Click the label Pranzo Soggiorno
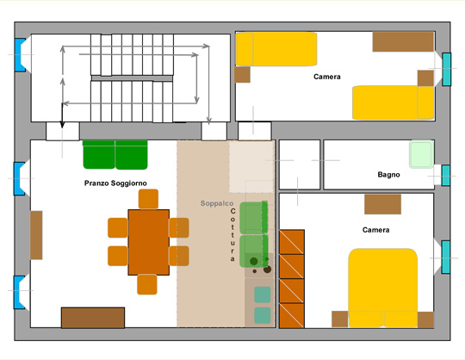pyautogui.click(x=115, y=183)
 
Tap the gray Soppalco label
pyautogui.click(x=217, y=203)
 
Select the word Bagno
pyautogui.click(x=388, y=175)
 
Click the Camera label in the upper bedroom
pyautogui.click(x=327, y=77)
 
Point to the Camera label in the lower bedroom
pyautogui.click(x=375, y=230)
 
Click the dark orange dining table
pyautogui.click(x=149, y=242)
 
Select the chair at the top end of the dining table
pyautogui.click(x=148, y=199)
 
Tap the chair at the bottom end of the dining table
pyautogui.click(x=147, y=284)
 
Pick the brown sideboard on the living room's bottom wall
pyautogui.click(x=93, y=318)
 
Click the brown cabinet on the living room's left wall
pyautogui.click(x=36, y=235)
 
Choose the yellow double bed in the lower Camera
pyautogui.click(x=383, y=288)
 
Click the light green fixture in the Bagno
pyautogui.click(x=421, y=154)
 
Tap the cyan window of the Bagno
pyautogui.click(x=446, y=176)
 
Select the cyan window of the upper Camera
pyautogui.click(x=446, y=70)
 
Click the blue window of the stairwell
pyautogui.click(x=20, y=55)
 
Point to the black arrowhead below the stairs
pyautogui.click(x=62, y=125)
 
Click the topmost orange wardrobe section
pyautogui.click(x=292, y=242)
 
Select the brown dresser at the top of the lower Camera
pyautogui.click(x=382, y=204)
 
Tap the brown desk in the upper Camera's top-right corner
pyautogui.click(x=403, y=42)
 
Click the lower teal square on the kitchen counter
pyautogui.click(x=263, y=315)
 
